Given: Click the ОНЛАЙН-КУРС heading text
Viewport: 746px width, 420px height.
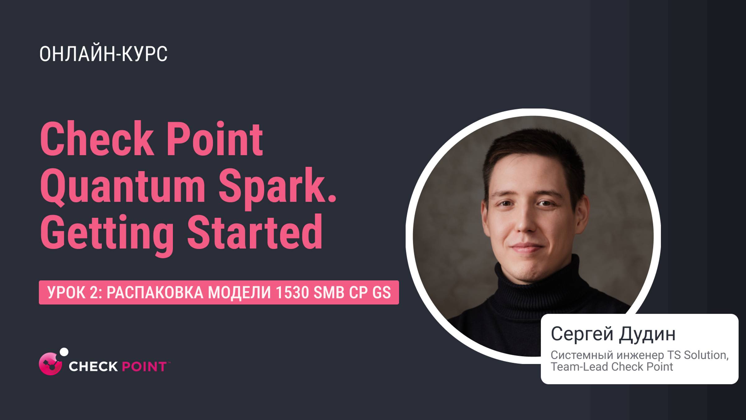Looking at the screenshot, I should click(103, 54).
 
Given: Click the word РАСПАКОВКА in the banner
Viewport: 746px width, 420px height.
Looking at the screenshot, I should click(155, 292).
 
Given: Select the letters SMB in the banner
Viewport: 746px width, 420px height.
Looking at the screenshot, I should click(329, 292).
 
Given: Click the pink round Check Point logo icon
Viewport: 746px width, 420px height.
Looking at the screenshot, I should click(50, 364).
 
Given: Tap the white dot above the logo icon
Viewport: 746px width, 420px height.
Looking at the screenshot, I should click(64, 352).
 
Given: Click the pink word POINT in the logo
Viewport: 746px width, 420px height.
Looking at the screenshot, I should click(144, 366).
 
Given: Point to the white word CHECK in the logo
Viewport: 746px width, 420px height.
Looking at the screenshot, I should click(93, 366).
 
